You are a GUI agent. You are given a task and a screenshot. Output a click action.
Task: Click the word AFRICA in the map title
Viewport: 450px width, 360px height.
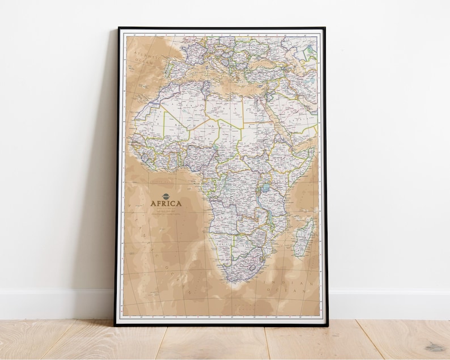[165, 204]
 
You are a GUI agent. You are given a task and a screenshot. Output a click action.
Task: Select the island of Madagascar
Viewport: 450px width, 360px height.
[304, 236]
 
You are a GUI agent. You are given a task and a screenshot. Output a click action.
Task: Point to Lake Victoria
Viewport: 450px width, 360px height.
[264, 188]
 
